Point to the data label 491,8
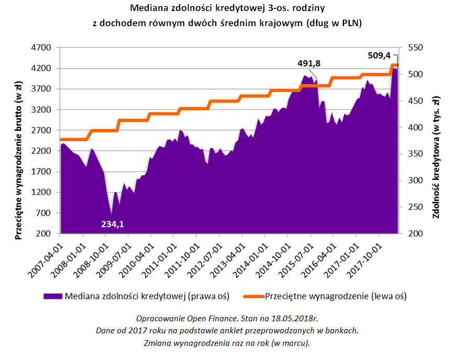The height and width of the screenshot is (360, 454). [x=309, y=63]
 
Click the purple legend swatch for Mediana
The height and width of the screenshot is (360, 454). [x=52, y=296]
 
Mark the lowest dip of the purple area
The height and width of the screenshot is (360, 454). [x=111, y=215]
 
